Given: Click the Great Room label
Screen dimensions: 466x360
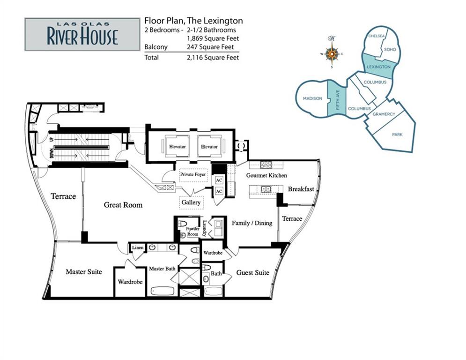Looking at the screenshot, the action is click(123, 205).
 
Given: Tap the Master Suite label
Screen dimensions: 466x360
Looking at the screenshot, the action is click(84, 271).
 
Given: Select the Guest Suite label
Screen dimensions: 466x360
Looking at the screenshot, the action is click(252, 272).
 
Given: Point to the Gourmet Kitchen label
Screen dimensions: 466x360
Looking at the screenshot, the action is click(266, 175).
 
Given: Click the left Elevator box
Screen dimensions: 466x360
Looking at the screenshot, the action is click(178, 146).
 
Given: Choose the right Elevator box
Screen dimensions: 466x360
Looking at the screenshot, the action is click(209, 146).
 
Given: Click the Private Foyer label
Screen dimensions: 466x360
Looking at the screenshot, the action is click(193, 174).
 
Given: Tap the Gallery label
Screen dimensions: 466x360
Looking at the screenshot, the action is click(191, 202).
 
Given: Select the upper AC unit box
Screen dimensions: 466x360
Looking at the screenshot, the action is click(219, 180).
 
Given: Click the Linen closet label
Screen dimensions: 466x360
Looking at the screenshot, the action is click(138, 247).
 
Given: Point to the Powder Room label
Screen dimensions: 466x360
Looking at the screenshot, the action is click(192, 232).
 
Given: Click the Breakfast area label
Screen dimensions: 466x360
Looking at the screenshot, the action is click(301, 189).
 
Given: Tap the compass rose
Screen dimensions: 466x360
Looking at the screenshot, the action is click(332, 53).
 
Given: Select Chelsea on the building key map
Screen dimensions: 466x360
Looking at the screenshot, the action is click(376, 36).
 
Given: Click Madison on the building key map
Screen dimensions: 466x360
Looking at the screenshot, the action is click(312, 98).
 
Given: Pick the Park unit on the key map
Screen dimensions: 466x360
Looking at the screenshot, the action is click(397, 135).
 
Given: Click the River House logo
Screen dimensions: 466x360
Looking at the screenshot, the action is click(82, 35).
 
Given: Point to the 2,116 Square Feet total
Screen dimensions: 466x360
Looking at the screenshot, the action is click(213, 57).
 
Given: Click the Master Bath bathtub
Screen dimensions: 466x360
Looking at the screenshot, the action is click(162, 291).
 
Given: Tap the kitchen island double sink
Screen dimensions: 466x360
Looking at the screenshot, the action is click(266, 189).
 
